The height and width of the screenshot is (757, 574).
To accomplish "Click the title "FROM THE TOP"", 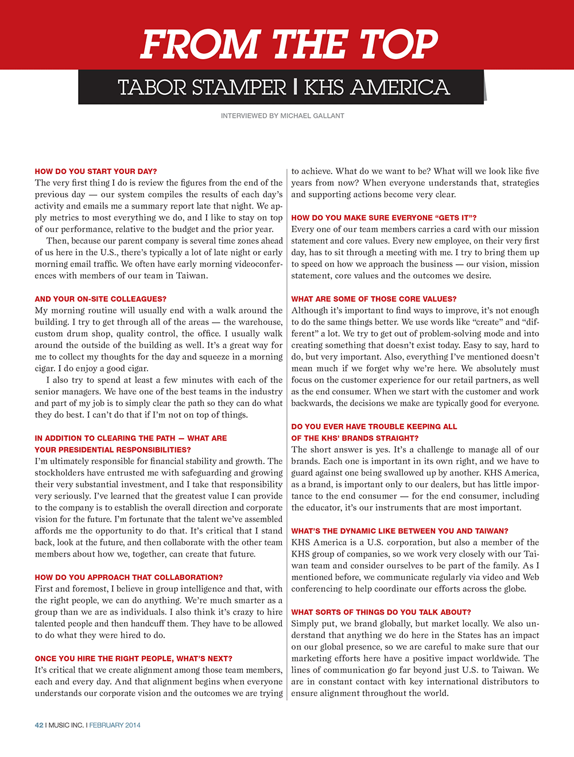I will [289, 44].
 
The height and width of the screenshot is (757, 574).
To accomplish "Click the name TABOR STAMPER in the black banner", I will [201, 88].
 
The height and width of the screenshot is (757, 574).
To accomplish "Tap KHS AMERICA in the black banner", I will [377, 88].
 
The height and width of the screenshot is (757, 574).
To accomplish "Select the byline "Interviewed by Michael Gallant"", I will [282, 116].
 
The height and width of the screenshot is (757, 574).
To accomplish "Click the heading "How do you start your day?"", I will [95, 171].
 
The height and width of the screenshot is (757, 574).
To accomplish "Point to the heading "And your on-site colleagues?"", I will [100, 299].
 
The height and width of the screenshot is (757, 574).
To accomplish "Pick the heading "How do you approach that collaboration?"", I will [129, 577].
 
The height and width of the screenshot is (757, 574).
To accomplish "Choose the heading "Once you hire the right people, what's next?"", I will [133, 658].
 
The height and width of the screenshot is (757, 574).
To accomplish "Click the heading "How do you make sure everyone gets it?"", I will [383, 218].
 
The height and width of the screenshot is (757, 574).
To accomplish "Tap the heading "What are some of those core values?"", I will [374, 299].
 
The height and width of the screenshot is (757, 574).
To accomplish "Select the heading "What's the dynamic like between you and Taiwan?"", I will [400, 531].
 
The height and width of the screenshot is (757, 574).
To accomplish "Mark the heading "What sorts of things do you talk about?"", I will [381, 612].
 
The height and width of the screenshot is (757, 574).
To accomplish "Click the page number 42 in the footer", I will [39, 725].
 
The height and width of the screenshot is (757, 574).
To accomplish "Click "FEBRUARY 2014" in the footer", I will [115, 725].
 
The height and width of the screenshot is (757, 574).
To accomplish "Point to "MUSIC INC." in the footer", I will [66, 725].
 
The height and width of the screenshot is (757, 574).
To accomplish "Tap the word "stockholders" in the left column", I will [61, 473].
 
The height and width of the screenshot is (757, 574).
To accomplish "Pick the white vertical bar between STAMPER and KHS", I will [295, 87].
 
